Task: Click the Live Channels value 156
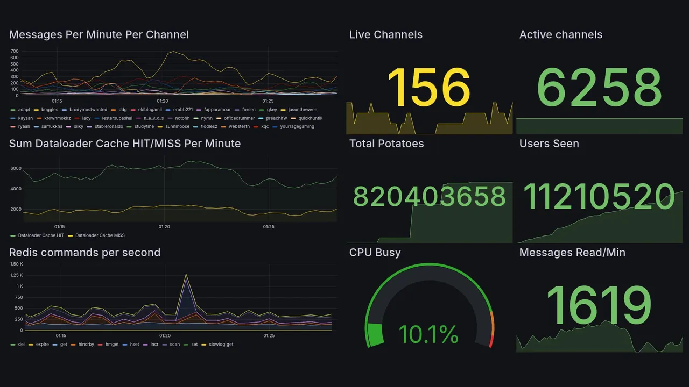[x=428, y=88]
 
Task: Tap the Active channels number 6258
[x=599, y=88]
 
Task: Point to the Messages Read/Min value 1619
[x=599, y=306]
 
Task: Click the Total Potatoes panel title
[x=386, y=144]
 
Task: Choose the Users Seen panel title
[x=549, y=144]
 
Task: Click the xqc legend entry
[x=265, y=127]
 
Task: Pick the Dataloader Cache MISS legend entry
[x=100, y=235]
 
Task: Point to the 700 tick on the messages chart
[x=15, y=51]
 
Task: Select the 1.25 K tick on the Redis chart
[x=17, y=275]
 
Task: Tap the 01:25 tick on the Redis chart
[x=269, y=336]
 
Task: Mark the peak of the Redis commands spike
[x=186, y=275]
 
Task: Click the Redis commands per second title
[x=85, y=253]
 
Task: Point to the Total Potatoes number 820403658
[x=429, y=197]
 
